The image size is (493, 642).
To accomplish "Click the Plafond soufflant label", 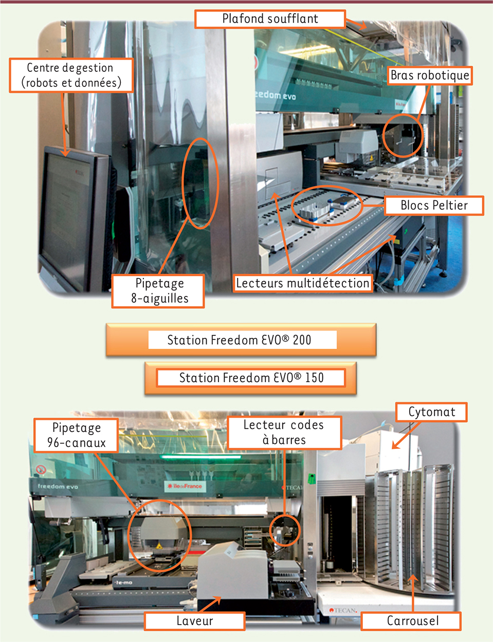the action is point(270,19).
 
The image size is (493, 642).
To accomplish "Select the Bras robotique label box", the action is point(430,75).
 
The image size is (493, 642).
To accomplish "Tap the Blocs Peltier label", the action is point(434,205).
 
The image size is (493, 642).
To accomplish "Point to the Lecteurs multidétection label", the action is point(303,284).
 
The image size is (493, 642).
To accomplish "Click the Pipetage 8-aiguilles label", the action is point(158,291).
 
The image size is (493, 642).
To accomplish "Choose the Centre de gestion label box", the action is point(71,75).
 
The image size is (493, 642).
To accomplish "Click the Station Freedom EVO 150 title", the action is point(251,377).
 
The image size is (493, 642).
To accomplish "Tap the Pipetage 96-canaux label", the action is point(76,435).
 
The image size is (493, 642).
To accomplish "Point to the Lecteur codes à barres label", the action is point(284,432).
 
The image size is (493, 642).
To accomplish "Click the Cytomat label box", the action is point(431,412).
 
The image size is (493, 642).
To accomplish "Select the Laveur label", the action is point(195,621).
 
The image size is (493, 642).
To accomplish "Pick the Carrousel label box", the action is point(411,621).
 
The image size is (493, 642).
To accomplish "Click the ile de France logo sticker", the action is point(185,486).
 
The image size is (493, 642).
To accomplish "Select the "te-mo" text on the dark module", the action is point(124,582).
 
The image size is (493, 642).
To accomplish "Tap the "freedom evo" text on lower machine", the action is point(58,486).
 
